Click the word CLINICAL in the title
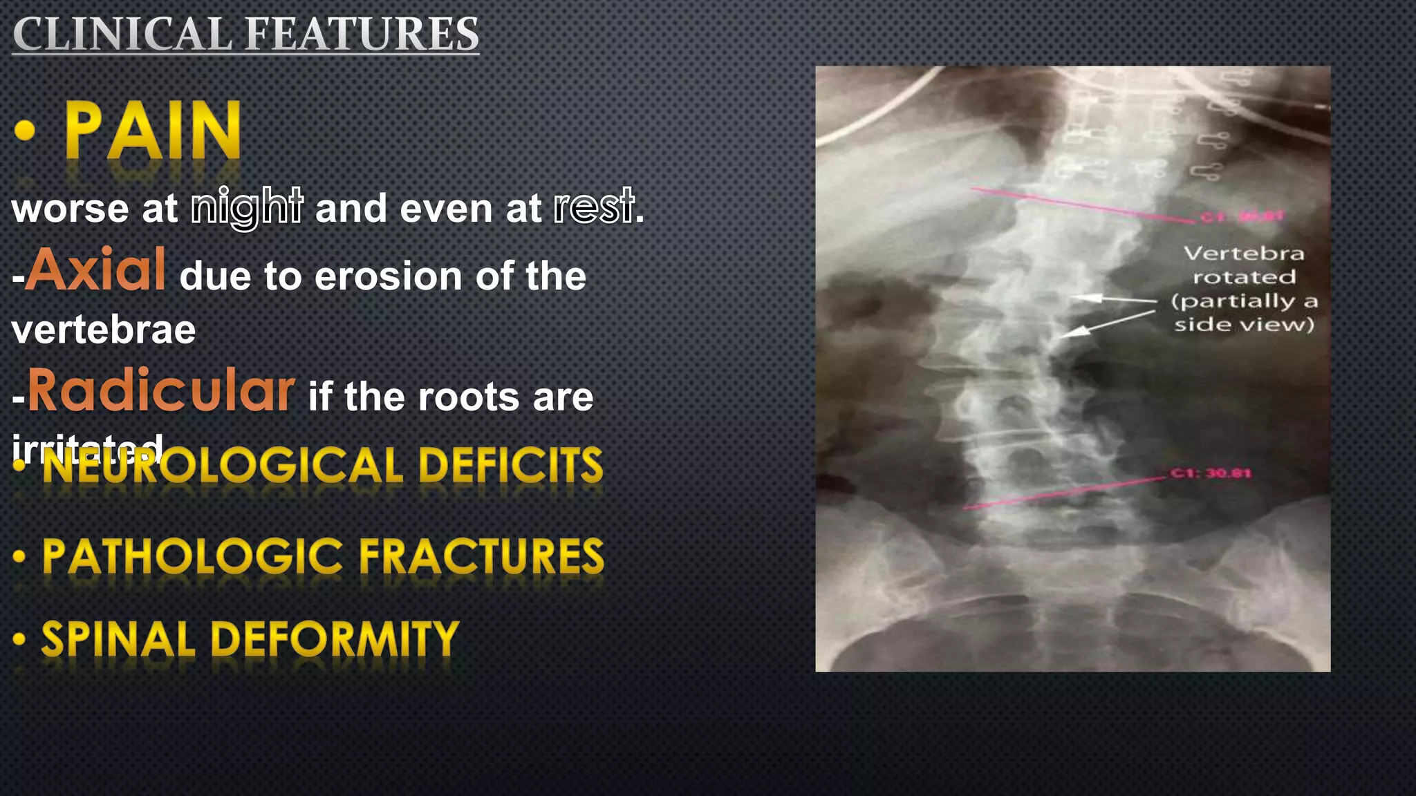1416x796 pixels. [x=122, y=35]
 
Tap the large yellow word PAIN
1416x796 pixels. [x=153, y=131]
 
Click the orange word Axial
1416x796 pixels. [x=97, y=269]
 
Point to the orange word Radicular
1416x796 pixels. [x=161, y=390]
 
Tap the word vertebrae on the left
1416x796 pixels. [x=104, y=330]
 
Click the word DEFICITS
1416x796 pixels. [x=510, y=465]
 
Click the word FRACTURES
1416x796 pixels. [x=481, y=556]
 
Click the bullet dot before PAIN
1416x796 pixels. [x=25, y=131]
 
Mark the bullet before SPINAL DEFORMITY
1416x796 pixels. [x=19, y=638]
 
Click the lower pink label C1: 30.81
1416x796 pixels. [x=1211, y=473]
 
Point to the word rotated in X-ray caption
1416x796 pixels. [x=1244, y=277]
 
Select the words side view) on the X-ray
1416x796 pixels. [x=1244, y=324]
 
